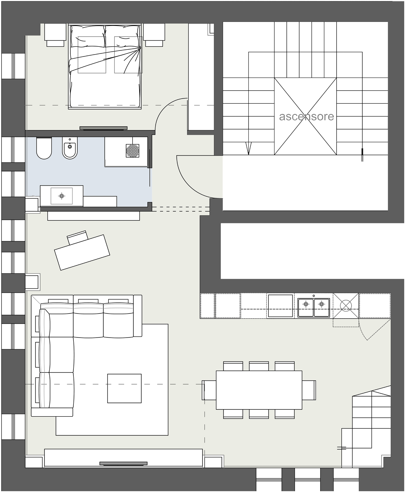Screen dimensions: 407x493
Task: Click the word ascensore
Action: [306, 117]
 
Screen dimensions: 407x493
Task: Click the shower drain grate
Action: [132, 151]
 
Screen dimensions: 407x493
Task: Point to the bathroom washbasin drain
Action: [62, 196]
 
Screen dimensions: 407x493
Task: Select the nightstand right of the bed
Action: [154, 35]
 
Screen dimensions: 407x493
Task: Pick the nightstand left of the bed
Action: [55, 35]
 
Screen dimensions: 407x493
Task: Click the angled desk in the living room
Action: [82, 252]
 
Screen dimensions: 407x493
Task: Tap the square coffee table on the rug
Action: [124, 388]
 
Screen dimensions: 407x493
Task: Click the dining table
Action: [259, 390]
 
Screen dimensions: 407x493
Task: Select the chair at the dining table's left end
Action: [209, 390]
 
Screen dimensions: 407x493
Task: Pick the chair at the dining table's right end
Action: [309, 390]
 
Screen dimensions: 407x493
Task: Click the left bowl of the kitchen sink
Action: [306, 307]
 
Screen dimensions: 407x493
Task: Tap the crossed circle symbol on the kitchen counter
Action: [346, 306]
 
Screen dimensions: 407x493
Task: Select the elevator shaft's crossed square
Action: [305, 116]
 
